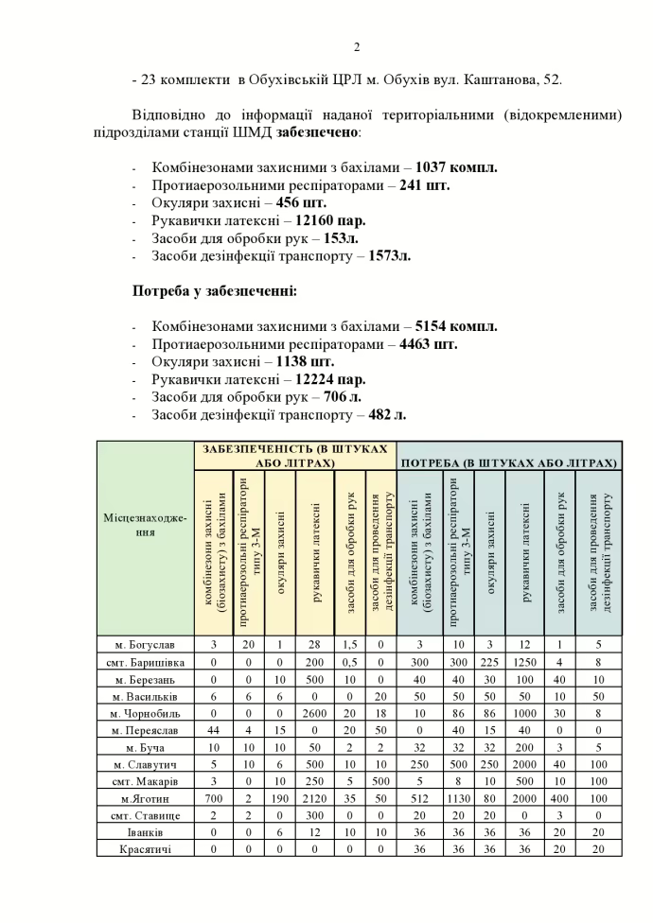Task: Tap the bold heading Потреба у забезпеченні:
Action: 215,290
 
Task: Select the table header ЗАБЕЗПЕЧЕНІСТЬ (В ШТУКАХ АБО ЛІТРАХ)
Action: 296,455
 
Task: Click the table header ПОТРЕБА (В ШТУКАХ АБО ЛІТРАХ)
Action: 509,463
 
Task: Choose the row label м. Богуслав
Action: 146,643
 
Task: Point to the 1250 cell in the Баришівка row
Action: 524,660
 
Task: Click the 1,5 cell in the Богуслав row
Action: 350,643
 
